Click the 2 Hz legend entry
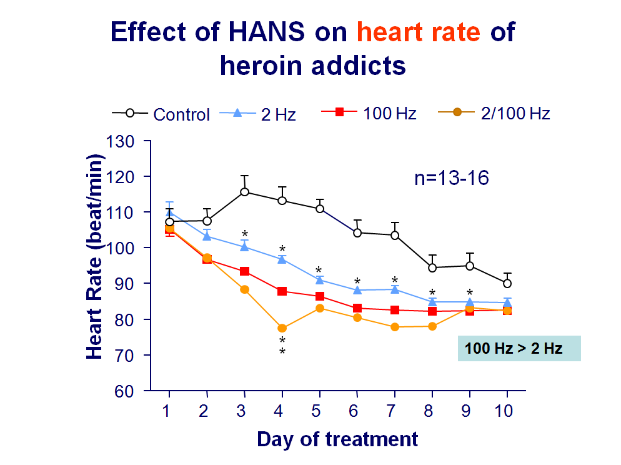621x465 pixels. [259, 113]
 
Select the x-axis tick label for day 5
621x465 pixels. [320, 411]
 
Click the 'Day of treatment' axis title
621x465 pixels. [337, 439]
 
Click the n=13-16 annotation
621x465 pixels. [451, 178]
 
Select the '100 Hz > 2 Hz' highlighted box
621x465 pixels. [519, 348]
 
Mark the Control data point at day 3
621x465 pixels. [244, 192]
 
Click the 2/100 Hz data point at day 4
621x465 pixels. [282, 328]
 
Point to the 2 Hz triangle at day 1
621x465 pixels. [169, 212]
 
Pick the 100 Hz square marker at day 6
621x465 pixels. [357, 308]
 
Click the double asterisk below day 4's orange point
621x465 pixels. [282, 346]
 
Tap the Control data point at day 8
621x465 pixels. [432, 267]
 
